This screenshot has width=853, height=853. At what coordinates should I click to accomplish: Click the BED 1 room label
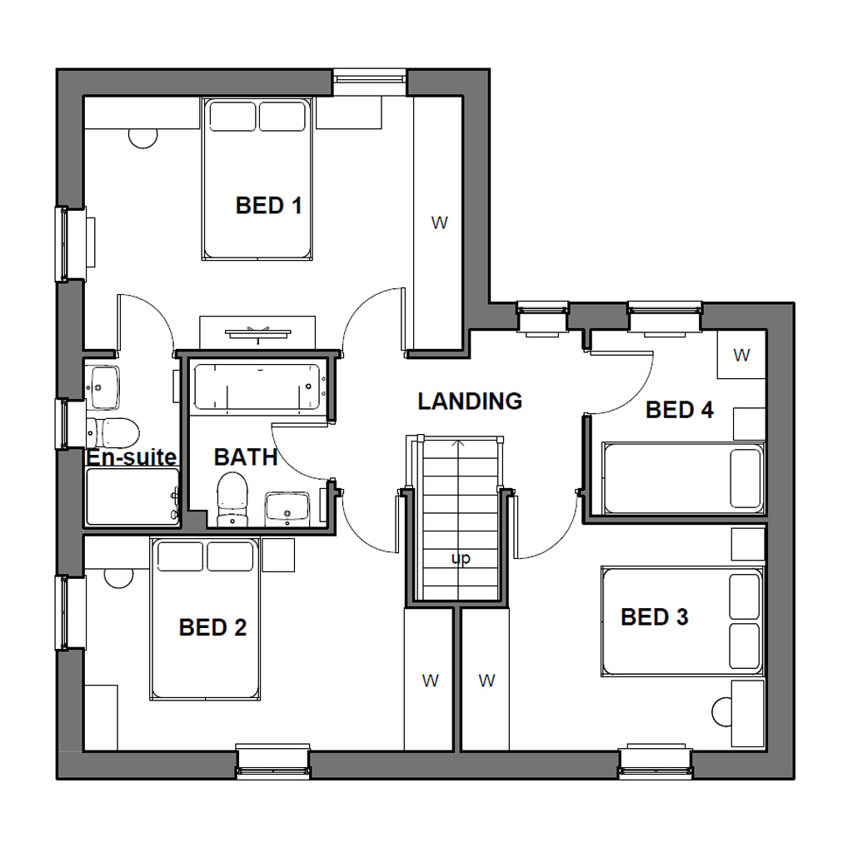coord(268,205)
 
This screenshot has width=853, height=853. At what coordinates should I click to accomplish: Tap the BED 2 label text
coord(212,627)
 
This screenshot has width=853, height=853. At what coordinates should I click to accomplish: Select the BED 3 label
coord(654,617)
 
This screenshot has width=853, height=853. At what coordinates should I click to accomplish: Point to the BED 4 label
coord(679,410)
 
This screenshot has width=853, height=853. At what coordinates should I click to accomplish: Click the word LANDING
coord(470,402)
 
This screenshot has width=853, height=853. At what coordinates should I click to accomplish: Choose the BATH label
coord(245,457)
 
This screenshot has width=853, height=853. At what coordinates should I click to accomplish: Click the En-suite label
coord(132,457)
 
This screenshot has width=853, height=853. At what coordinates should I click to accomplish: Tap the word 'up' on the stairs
coord(460,559)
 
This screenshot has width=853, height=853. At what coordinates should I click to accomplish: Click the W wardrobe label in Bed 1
coord(439,222)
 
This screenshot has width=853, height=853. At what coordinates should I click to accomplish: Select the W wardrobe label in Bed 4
coord(741,355)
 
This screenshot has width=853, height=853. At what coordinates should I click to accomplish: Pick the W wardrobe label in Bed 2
coord(430,681)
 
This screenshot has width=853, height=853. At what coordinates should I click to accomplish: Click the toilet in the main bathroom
coord(232,497)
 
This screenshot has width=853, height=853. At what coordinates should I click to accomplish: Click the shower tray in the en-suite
coord(132,496)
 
